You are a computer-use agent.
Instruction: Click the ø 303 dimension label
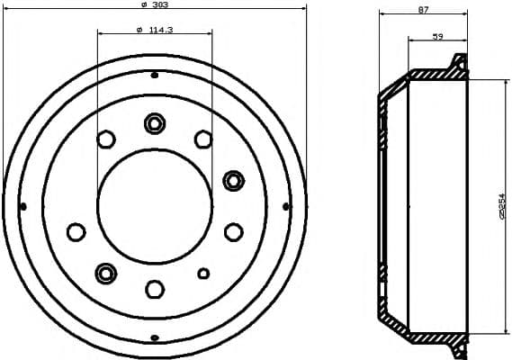156,7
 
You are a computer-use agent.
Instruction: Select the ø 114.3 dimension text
155,29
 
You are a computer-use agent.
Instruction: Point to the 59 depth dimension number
437,36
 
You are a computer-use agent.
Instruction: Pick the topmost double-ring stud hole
155,122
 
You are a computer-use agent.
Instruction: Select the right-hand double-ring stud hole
234,180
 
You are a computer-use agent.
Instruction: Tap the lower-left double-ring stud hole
106,272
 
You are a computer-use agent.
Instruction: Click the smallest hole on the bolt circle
203,273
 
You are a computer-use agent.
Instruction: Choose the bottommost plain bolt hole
155,289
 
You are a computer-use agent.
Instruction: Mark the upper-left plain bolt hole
106,139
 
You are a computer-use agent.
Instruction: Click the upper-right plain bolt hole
203,139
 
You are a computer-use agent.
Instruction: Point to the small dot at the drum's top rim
155,74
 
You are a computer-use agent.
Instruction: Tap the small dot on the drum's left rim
22,207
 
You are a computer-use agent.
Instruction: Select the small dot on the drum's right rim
286,207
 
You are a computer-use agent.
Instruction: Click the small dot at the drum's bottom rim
155,338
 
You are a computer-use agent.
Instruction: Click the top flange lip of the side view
460,62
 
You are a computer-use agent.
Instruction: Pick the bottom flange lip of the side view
460,343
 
